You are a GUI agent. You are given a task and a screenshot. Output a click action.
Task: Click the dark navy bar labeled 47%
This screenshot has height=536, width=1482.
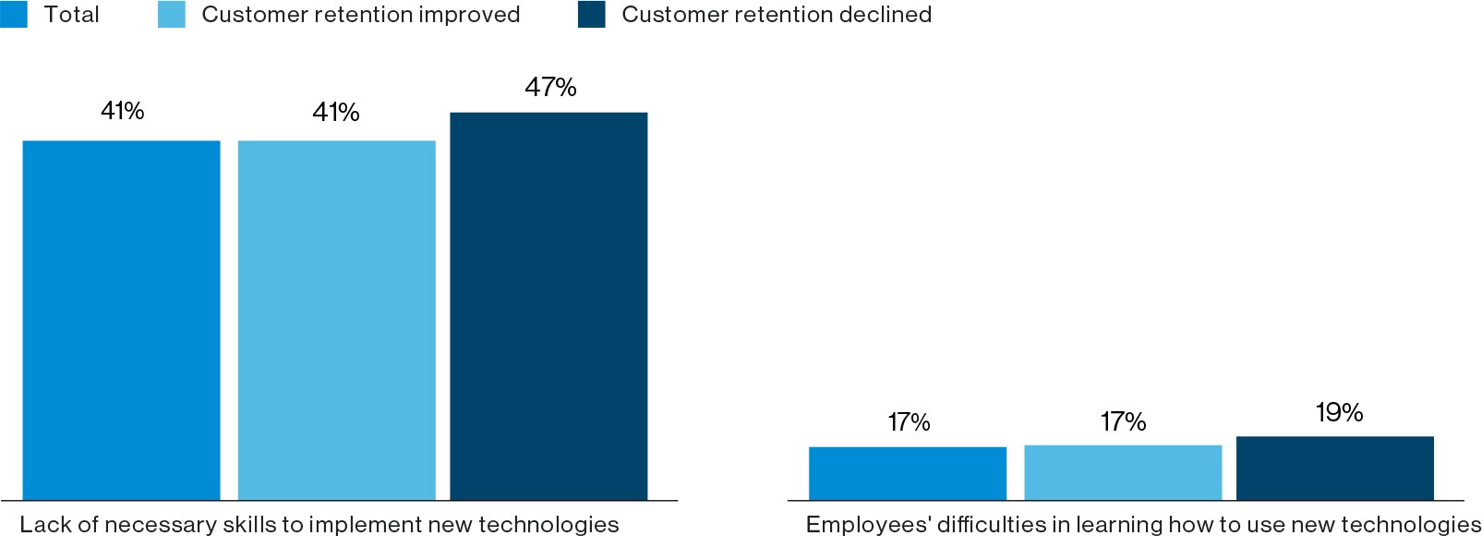click(548, 306)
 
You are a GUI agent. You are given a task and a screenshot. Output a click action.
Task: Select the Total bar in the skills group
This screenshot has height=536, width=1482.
click(121, 320)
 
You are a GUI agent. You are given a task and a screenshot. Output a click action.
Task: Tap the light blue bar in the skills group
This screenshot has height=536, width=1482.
click(336, 320)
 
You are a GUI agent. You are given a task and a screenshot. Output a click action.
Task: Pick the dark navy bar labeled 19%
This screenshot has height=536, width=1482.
click(1334, 468)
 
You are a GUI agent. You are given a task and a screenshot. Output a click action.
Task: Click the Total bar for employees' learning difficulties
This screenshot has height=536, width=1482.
click(907, 473)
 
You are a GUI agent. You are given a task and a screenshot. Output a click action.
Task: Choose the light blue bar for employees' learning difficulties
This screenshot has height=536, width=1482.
click(1123, 472)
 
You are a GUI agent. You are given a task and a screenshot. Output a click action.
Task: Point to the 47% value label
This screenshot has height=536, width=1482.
click(550, 88)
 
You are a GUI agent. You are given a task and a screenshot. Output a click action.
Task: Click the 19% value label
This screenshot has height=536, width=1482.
click(1339, 412)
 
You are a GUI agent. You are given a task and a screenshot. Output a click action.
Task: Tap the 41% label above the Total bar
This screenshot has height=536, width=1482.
click(122, 111)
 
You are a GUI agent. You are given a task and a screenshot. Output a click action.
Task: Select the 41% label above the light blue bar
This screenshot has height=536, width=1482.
click(336, 113)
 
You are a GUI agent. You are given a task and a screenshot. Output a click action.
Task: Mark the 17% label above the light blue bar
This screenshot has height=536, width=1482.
click(1123, 422)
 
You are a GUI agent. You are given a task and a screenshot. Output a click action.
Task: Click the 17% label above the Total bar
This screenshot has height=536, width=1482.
click(909, 422)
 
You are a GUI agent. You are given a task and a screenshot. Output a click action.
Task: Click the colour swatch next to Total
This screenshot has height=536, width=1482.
click(14, 14)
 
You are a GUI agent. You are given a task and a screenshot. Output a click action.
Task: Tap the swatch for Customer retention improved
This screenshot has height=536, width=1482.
click(172, 14)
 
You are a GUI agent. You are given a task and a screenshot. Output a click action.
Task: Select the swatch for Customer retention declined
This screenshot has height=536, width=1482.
click(591, 14)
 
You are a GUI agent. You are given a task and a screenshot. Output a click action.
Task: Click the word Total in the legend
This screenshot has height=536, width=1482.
click(71, 15)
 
